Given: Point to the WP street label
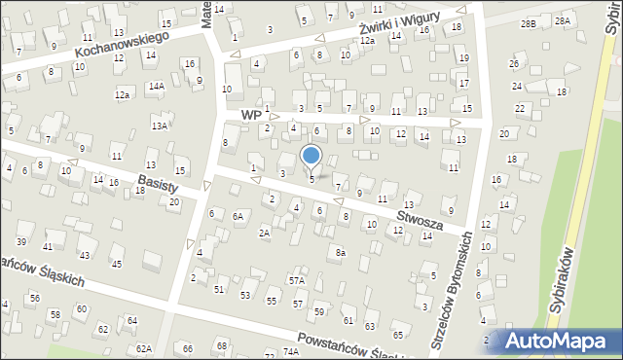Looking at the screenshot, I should pos(251,115).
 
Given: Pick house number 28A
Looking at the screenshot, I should pos(562,20).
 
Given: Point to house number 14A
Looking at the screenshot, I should pos(156,86).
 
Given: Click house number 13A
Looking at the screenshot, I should pos(160,126).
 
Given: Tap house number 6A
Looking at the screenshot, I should pos(238,217).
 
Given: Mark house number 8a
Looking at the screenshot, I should pos(340,253).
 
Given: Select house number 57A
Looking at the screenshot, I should pos(296,280).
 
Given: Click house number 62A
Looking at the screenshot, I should pos(144,348).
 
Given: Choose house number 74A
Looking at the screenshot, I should pos(290,351).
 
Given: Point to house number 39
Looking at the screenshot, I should pos(20,241).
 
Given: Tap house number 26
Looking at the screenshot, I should pos(514,64).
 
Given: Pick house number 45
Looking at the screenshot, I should pos(117,264).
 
